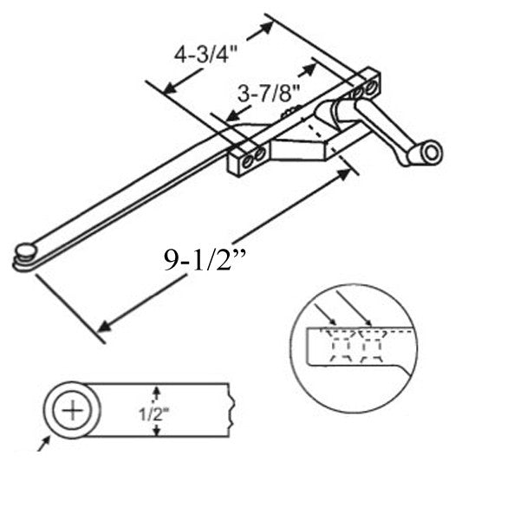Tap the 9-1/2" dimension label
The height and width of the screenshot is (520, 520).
click(201, 260)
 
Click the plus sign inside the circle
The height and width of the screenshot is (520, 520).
click(72, 409)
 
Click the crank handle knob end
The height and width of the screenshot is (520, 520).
click(430, 153)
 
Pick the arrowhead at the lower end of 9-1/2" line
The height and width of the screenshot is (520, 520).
click(103, 327)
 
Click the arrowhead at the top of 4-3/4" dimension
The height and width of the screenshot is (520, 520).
click(267, 26)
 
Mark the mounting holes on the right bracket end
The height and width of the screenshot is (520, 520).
click(365, 88)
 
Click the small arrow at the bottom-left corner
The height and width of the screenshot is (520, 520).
click(41, 445)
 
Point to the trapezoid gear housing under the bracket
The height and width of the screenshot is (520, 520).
click(303, 143)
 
